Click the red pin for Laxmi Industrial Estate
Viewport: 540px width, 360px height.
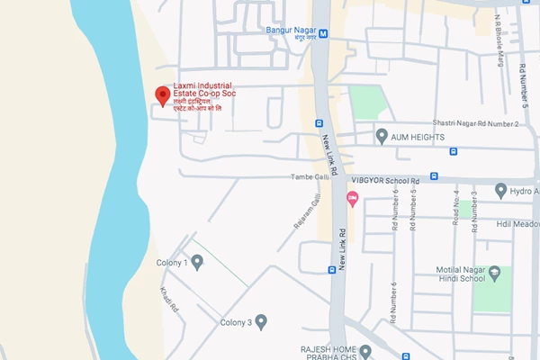[x=162, y=94]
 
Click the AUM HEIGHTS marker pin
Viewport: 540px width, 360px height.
[x=382, y=136]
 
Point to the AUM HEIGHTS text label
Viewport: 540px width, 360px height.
[x=418, y=136]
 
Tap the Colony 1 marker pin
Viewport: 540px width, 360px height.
[x=197, y=262]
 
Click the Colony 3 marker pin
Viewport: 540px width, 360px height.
[x=261, y=320]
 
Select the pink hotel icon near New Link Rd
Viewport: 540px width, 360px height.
[x=353, y=198]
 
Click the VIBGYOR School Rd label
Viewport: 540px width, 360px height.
[x=387, y=179]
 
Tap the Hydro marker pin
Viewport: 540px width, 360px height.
[x=501, y=191]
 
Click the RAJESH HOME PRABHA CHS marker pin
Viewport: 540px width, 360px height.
[x=365, y=350]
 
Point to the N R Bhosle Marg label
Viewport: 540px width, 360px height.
[x=498, y=41]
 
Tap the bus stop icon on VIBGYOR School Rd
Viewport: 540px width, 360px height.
[x=434, y=176]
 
